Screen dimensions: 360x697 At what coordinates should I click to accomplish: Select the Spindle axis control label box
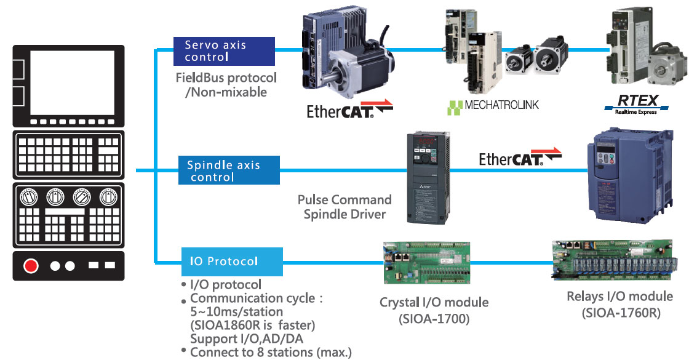coord(228,170)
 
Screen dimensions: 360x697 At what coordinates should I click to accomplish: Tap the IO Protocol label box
coord(231,262)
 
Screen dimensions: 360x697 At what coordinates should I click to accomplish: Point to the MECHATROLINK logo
coord(493,105)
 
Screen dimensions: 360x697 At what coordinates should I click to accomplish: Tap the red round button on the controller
coord(31,266)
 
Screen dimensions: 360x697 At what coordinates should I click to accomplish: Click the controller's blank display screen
coord(72,78)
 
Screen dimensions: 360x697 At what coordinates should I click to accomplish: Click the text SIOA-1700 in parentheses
coord(434,318)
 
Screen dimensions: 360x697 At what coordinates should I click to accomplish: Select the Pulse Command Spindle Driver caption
coord(345,207)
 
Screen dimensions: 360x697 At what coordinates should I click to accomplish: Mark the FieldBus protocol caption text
coord(226,85)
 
